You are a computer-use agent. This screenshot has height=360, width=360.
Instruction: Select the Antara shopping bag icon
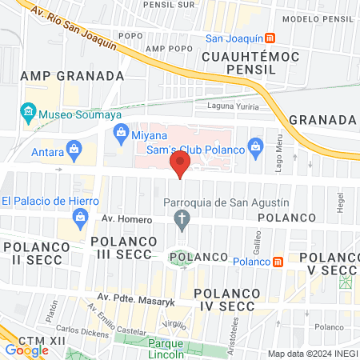pyautogui.click(x=74, y=148)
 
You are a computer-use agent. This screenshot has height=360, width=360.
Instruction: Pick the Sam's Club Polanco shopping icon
pyautogui.click(x=255, y=146)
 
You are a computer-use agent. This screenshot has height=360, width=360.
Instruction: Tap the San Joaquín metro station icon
pyautogui.click(x=270, y=38)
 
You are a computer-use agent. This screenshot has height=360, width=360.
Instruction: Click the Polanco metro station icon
pyautogui.click(x=278, y=262)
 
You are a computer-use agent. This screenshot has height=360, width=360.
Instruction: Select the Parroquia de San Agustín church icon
pyautogui.click(x=182, y=218)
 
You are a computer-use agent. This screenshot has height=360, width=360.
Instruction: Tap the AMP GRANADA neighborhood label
pyautogui.click(x=72, y=76)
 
